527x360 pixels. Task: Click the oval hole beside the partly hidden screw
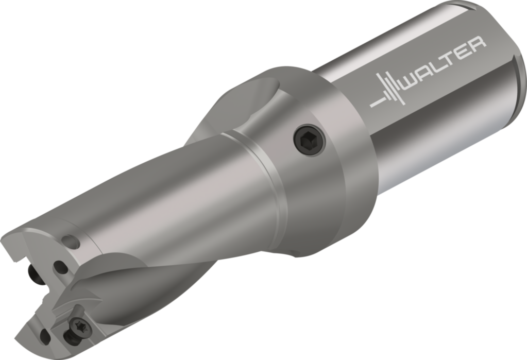coord(59,267)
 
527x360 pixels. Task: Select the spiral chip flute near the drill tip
coord(129,288)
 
